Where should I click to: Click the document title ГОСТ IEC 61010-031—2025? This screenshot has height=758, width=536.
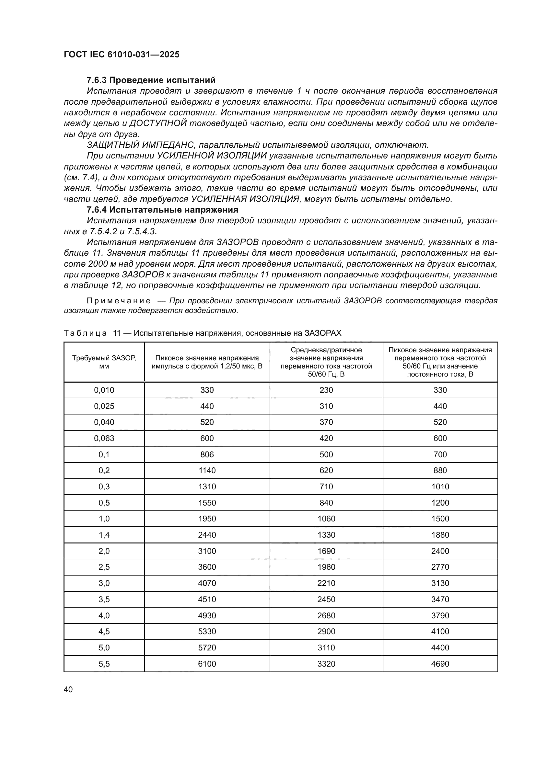pyautogui.click(x=122, y=54)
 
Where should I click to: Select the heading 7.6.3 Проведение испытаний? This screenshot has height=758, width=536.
pyautogui.click(x=151, y=80)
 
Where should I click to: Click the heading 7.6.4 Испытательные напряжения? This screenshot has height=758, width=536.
pyautogui.click(x=162, y=210)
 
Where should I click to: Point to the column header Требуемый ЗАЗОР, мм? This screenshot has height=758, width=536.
pyautogui.click(x=104, y=362)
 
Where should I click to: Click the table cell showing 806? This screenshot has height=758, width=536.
pyautogui.click(x=207, y=455)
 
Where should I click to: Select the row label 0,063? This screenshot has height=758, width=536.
pyautogui.click(x=104, y=438)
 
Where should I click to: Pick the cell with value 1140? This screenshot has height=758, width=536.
pyautogui.click(x=207, y=471)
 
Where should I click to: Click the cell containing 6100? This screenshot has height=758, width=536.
pyautogui.click(x=207, y=664)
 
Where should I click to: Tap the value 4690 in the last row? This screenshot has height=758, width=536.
pyautogui.click(x=440, y=664)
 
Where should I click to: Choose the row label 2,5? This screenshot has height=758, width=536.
pyautogui.click(x=104, y=567)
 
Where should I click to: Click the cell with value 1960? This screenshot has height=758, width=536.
pyautogui.click(x=326, y=567)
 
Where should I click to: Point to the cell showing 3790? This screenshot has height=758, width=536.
pyautogui.click(x=440, y=616)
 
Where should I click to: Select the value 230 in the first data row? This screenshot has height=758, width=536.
pyautogui.click(x=326, y=390)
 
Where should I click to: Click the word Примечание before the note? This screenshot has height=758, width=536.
pyautogui.click(x=119, y=301)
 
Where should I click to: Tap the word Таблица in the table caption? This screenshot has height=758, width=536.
pyautogui.click(x=85, y=333)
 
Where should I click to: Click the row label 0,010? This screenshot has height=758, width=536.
pyautogui.click(x=104, y=390)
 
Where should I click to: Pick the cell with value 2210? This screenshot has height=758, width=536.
pyautogui.click(x=326, y=583)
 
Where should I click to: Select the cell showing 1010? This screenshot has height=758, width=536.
pyautogui.click(x=440, y=487)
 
